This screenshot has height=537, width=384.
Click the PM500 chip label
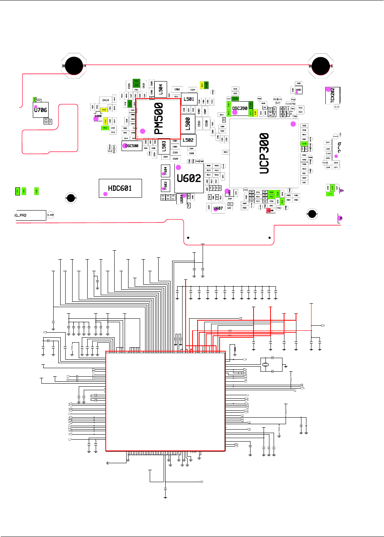click(x=159, y=119)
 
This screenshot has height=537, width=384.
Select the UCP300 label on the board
click(x=264, y=153)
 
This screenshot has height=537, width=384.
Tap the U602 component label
click(x=189, y=178)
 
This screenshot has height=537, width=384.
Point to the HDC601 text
click(x=120, y=188)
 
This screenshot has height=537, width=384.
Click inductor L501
click(x=189, y=99)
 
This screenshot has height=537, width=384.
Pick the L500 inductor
click(x=188, y=124)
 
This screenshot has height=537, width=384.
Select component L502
click(x=188, y=140)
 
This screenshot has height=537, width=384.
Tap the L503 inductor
click(x=164, y=145)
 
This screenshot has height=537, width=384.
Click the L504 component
click(x=161, y=89)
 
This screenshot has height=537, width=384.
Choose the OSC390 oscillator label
click(x=240, y=109)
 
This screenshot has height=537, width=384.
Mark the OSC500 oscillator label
click(x=132, y=146)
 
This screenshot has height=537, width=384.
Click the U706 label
click(x=41, y=110)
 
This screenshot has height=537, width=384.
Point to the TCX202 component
click(x=333, y=95)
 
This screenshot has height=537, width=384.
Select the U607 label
click(x=218, y=208)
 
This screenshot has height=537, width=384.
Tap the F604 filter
click(x=165, y=170)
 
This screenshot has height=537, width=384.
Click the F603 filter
click(x=165, y=185)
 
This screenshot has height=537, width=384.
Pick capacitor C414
click(x=105, y=100)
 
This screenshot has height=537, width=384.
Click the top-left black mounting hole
click(x=74, y=66)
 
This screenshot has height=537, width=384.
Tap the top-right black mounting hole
click(x=320, y=66)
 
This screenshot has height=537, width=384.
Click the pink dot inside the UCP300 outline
click(x=293, y=124)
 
